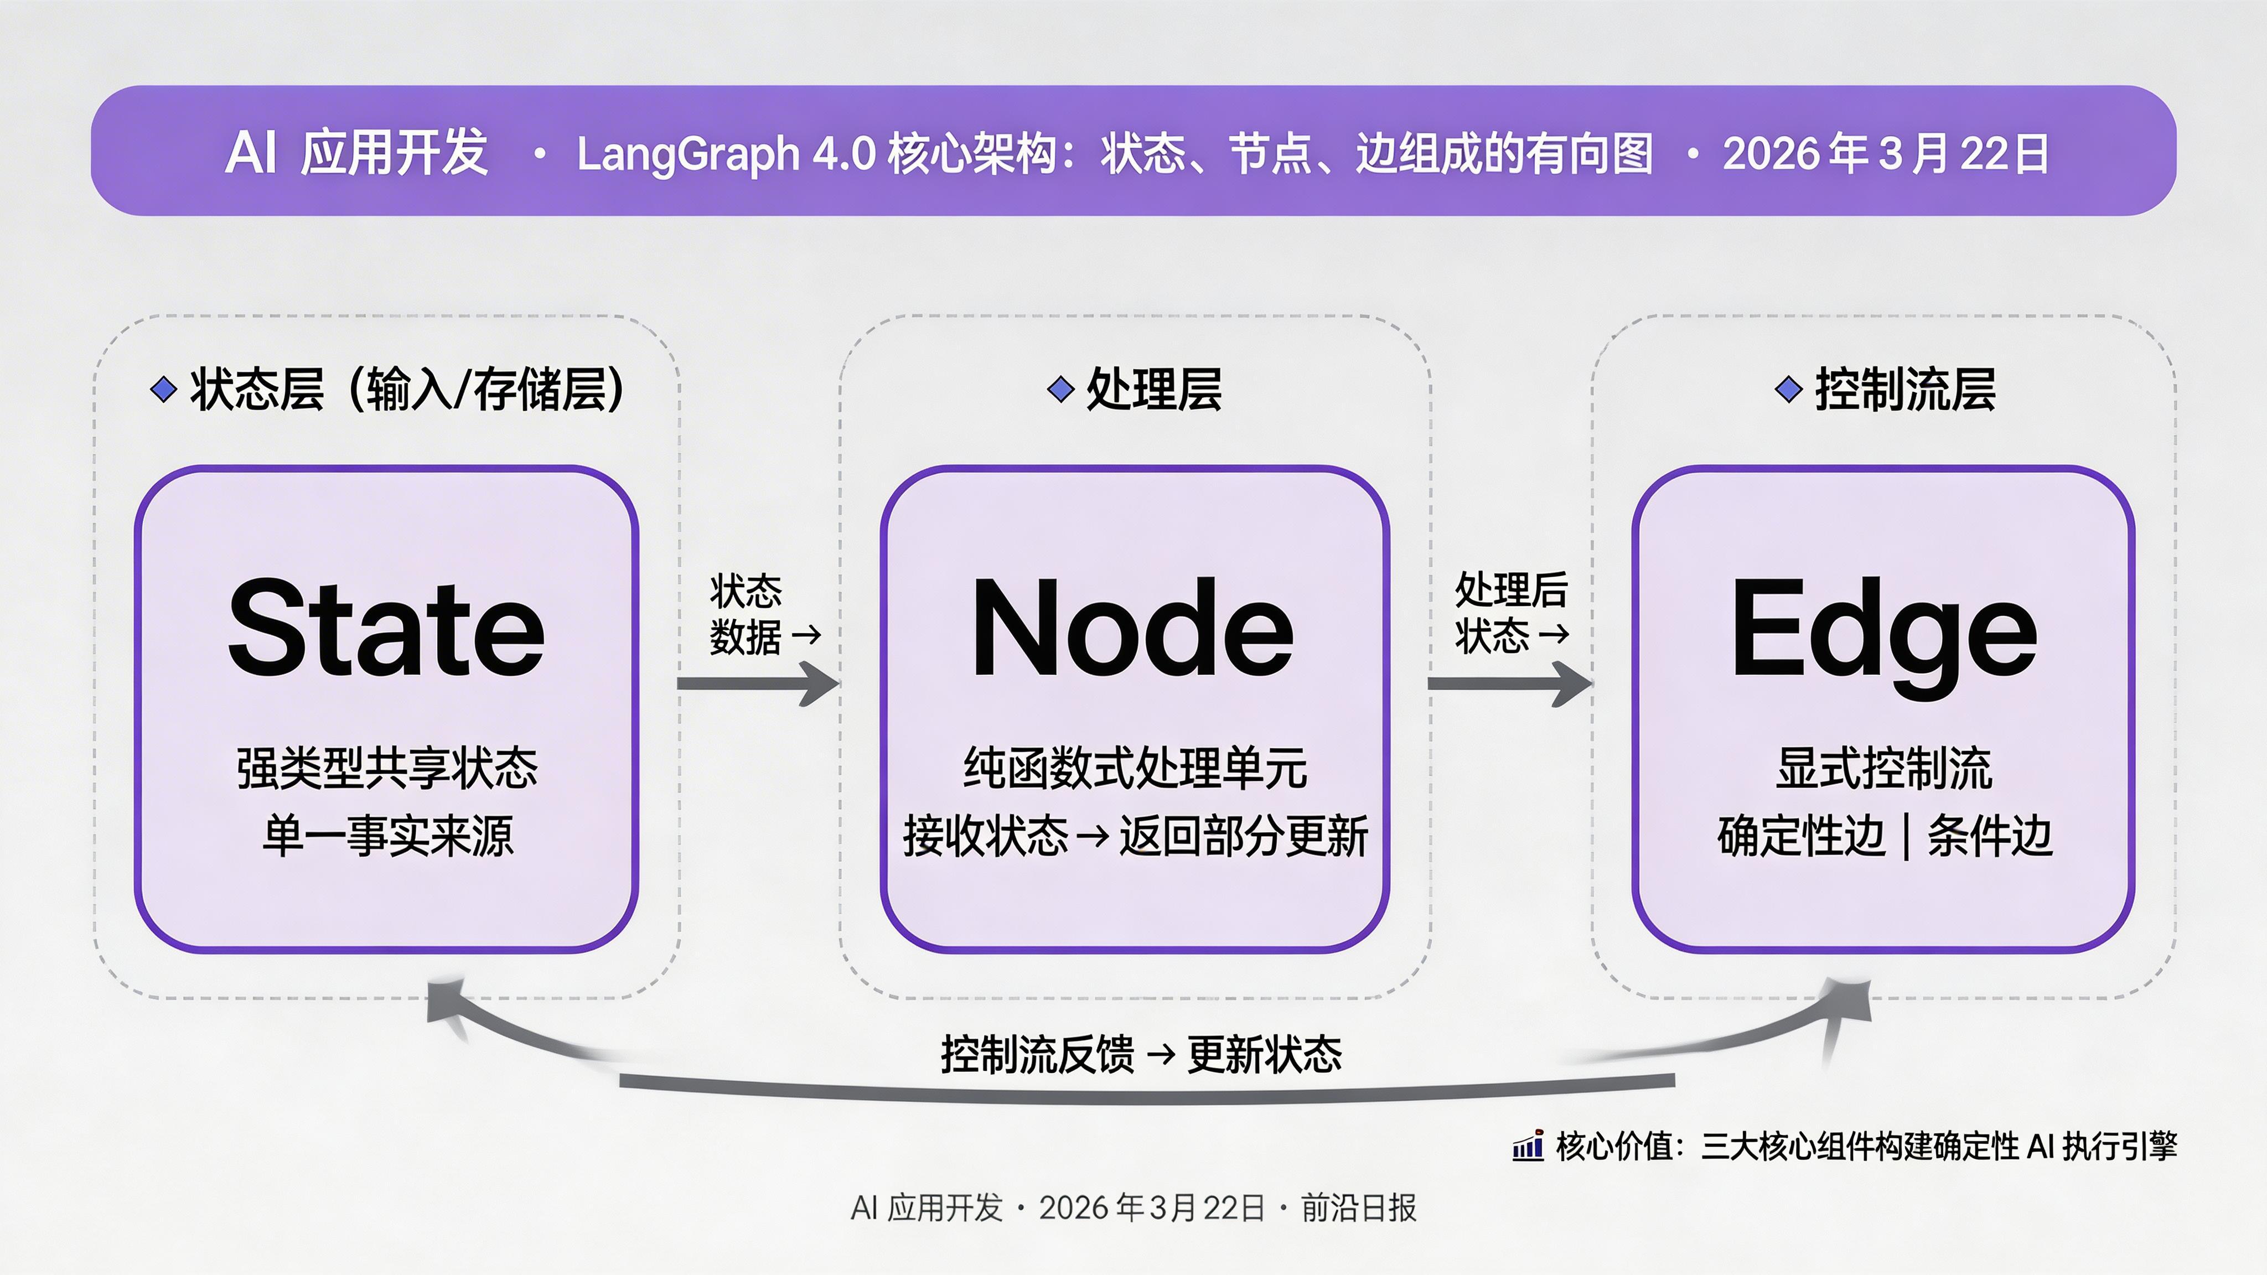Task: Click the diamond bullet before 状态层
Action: tap(164, 389)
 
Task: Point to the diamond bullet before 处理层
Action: tap(1062, 389)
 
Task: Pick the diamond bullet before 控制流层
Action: tap(1788, 389)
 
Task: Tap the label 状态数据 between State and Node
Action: tap(746, 613)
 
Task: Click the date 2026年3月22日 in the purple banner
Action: tap(1885, 154)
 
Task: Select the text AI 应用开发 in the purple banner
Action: tap(356, 154)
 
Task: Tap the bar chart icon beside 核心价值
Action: tap(1528, 1147)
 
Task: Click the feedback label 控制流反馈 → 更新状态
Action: tap(1141, 1054)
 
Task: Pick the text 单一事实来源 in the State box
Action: tap(387, 836)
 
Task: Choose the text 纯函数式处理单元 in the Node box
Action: tap(1135, 768)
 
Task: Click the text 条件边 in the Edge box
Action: tap(1989, 836)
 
